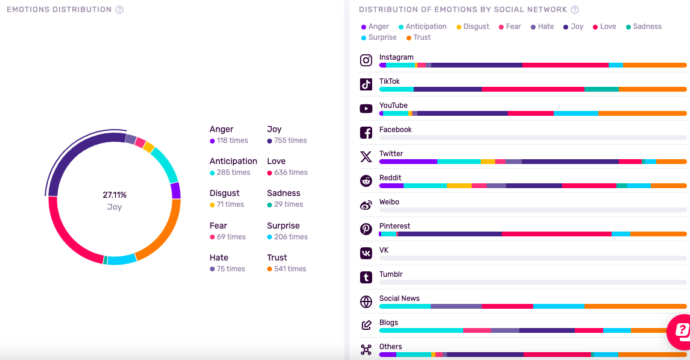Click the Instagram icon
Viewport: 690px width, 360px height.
tap(366, 60)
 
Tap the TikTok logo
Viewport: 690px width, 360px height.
tap(366, 84)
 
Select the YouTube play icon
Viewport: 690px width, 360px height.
tap(366, 109)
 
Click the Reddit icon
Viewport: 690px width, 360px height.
tap(366, 181)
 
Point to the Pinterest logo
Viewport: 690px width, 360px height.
tap(366, 229)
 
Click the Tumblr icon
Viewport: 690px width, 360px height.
tap(366, 277)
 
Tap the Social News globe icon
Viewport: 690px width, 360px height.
tap(366, 302)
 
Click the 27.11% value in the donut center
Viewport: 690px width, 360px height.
tap(115, 195)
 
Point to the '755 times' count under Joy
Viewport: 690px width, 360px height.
tap(290, 141)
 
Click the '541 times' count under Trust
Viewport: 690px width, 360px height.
tap(290, 269)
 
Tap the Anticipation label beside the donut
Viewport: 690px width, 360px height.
tap(233, 161)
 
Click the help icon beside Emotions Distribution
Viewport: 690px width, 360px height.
tap(119, 10)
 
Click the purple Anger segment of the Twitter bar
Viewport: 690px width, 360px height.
tap(408, 162)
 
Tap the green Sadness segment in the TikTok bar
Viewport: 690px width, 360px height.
tap(601, 89)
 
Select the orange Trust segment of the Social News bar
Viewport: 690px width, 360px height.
tap(635, 306)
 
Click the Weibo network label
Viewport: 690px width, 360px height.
tap(389, 202)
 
